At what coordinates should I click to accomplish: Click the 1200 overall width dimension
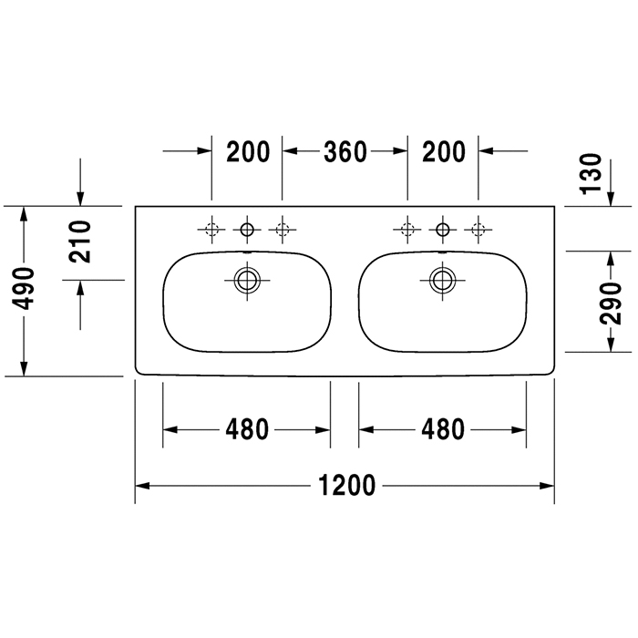pyautogui.click(x=346, y=485)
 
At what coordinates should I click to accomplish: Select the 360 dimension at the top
pyautogui.click(x=345, y=151)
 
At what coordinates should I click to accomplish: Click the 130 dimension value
pyautogui.click(x=591, y=174)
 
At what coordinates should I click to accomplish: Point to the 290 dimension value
pyautogui.click(x=611, y=304)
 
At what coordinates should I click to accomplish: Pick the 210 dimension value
pyautogui.click(x=80, y=242)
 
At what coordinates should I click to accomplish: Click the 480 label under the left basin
pyautogui.click(x=247, y=429)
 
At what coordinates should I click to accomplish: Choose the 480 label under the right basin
pyautogui.click(x=443, y=429)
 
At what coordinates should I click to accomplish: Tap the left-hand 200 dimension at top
pyautogui.click(x=248, y=151)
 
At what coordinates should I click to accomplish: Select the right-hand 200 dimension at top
pyautogui.click(x=444, y=151)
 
